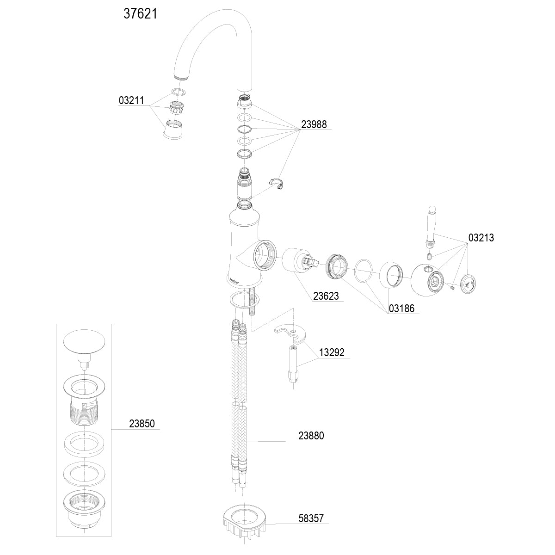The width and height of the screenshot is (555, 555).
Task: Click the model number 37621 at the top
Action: pos(140,14)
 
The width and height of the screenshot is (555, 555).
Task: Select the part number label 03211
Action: pos(131,100)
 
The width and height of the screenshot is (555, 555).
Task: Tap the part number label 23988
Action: pos(314,124)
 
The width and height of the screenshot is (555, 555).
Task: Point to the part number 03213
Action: pos(481,238)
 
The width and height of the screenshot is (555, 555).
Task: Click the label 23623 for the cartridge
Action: pos(326,296)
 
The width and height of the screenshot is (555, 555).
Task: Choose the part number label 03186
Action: pos(401,308)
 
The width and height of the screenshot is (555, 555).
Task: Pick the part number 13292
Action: pos(332,352)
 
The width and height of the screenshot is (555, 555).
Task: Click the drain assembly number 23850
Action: pos(142,424)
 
